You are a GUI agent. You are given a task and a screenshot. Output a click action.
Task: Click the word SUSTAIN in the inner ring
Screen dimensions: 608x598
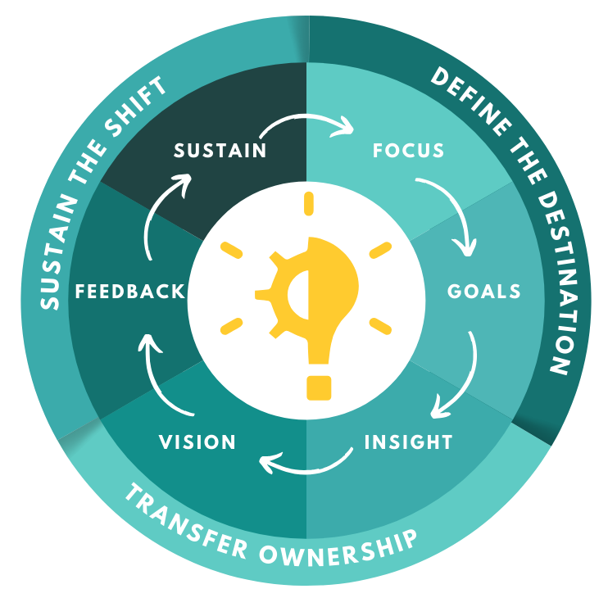[220, 151]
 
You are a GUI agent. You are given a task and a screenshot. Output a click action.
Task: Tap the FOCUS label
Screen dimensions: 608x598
[408, 151]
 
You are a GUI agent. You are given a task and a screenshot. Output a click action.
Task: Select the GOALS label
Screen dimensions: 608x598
[484, 292]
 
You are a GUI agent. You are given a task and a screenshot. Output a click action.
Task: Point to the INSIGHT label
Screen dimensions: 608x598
[408, 442]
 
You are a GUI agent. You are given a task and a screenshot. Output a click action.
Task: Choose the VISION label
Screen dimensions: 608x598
[197, 442]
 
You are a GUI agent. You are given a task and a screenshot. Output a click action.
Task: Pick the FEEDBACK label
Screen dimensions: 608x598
[129, 292]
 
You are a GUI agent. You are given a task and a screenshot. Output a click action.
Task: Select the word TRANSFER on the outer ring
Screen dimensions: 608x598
[188, 522]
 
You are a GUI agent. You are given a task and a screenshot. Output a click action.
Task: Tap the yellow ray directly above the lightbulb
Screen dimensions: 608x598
[309, 202]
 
